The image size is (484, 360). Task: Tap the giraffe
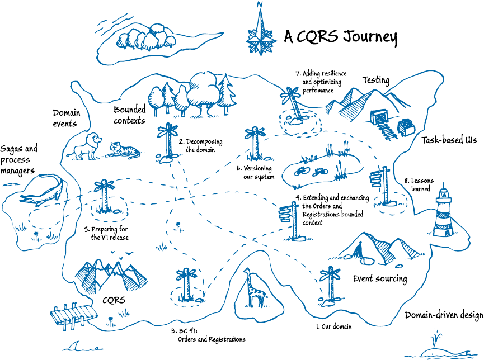[x=254, y=288]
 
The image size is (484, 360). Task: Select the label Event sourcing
[x=379, y=278]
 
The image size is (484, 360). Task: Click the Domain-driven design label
[x=443, y=316]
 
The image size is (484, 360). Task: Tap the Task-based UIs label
[x=449, y=141]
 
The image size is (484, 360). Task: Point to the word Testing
[x=376, y=80]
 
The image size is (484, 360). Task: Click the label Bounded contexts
[x=129, y=115]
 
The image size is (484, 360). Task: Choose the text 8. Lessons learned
[x=421, y=185]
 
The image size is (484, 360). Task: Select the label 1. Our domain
[x=333, y=326]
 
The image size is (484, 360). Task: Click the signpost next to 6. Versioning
[x=255, y=143]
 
